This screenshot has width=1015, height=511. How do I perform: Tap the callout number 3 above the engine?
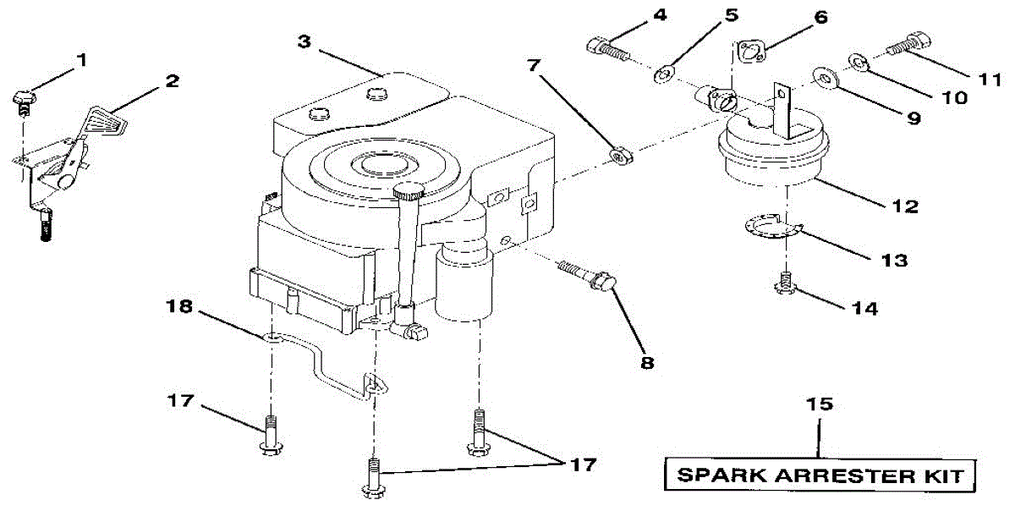(x=304, y=41)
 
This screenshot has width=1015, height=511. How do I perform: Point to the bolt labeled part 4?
(x=606, y=48)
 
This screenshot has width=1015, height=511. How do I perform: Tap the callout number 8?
(x=647, y=362)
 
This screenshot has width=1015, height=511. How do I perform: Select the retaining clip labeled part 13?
(x=771, y=228)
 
